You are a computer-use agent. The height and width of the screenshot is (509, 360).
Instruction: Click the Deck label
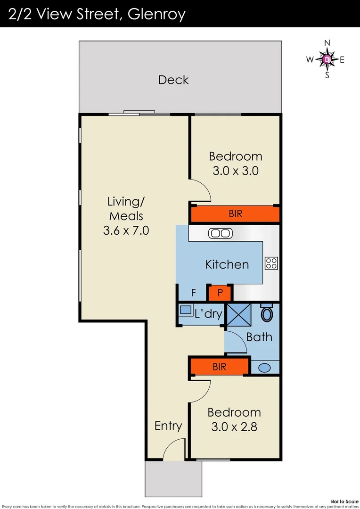173,80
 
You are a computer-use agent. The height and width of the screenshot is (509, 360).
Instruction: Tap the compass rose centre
327,59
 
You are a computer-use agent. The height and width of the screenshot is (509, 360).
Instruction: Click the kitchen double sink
219,233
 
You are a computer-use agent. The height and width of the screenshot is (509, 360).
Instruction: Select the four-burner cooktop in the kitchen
271,263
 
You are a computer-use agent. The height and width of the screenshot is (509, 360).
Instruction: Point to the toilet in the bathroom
267,313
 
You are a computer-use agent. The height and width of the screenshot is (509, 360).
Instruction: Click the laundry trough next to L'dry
186,311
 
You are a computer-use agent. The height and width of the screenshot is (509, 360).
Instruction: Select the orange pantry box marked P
220,293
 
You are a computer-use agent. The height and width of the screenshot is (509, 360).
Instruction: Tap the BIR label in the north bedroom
236,214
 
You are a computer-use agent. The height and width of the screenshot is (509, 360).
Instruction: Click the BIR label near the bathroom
220,366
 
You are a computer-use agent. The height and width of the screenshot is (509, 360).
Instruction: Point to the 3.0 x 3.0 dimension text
235,171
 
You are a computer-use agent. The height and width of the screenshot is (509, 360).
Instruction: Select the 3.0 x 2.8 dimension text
234,427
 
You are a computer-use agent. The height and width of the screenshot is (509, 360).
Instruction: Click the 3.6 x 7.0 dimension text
126,231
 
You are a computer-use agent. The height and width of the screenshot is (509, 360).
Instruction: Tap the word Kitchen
227,264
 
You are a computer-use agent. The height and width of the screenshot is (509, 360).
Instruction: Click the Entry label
168,426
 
